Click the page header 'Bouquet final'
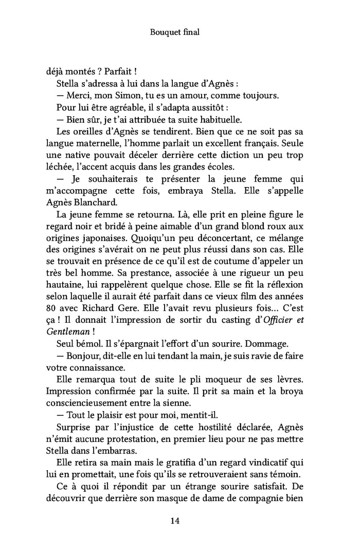pyautogui.click(x=175, y=32)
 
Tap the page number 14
pyautogui.click(x=175, y=521)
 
